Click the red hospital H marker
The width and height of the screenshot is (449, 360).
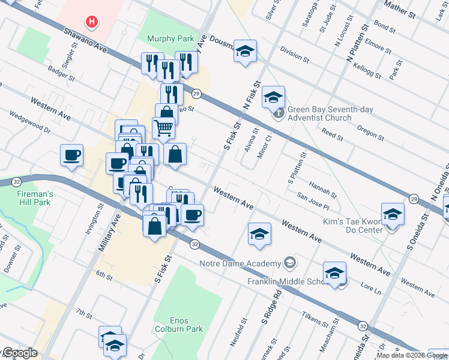[x=91, y=23]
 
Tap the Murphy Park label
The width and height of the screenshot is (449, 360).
[x=170, y=39]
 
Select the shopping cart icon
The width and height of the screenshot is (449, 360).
[x=163, y=127]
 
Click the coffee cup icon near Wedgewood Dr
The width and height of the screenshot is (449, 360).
[x=71, y=155]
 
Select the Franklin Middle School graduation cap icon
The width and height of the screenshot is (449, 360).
[x=334, y=273]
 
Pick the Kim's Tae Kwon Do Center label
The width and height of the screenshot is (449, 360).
[x=353, y=226]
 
